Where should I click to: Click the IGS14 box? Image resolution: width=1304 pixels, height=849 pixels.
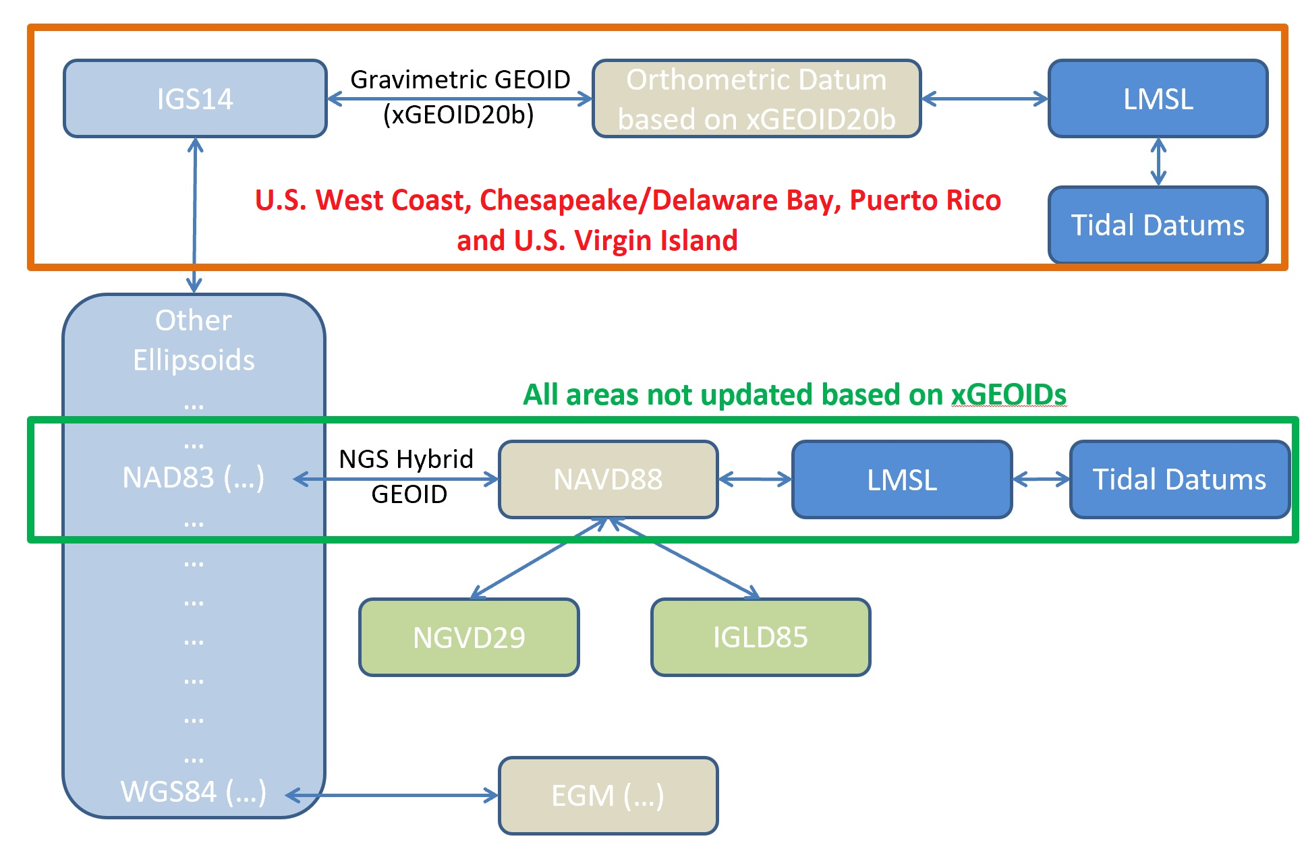pos(195,98)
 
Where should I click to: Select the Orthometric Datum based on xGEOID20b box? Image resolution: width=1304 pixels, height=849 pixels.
pos(756,98)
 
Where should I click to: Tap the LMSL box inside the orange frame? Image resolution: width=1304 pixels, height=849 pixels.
pos(1158,98)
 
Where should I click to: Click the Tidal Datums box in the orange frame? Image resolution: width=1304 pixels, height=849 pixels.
pos(1158,225)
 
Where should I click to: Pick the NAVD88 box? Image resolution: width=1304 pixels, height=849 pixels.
pos(608,479)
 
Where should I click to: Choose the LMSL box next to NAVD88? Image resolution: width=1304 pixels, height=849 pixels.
pos(902,479)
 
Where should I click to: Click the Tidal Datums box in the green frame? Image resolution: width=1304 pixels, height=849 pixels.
pos(1179,479)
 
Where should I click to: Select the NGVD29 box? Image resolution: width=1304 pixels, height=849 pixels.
pos(469,637)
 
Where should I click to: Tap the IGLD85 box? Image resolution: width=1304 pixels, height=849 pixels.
pos(760,637)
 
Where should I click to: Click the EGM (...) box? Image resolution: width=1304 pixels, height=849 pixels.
pos(608,796)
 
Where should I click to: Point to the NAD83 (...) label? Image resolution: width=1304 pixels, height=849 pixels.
pos(194,477)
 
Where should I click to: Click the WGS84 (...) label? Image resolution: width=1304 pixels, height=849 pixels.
pos(194,792)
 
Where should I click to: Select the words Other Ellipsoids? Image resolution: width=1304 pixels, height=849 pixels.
pos(194,340)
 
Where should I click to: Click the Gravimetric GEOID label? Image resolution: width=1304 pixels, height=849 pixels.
pos(460,80)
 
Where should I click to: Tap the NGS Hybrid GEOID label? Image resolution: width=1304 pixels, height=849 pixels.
pos(407,476)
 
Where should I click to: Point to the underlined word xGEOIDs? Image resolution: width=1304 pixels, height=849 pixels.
pos(1009,395)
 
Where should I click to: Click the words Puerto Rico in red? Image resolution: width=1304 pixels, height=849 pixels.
pos(925,200)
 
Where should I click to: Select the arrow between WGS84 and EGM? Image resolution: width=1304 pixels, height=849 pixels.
pos(392,796)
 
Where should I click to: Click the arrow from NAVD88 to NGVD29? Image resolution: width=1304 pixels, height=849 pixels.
pos(539,558)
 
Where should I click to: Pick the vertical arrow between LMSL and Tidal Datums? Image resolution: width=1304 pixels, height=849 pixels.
pos(1158,162)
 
